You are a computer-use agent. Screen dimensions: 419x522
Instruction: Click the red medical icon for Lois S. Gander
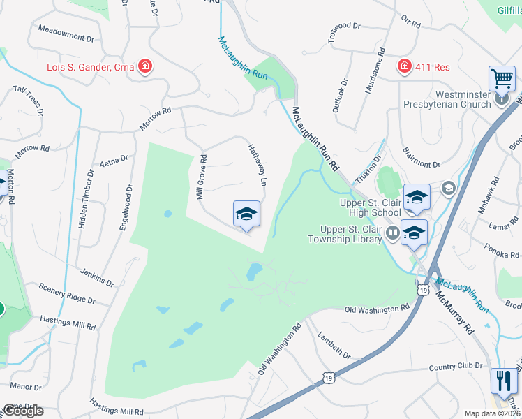click(x=146, y=66)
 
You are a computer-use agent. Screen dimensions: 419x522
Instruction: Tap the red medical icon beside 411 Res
click(x=403, y=66)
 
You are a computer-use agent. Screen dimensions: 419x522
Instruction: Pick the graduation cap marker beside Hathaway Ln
click(x=246, y=214)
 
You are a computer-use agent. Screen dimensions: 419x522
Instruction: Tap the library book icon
click(x=391, y=233)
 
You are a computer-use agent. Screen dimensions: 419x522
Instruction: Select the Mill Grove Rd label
click(x=201, y=178)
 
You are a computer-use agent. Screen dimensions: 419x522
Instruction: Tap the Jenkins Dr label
click(x=96, y=277)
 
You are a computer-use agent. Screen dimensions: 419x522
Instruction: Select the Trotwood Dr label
click(x=345, y=30)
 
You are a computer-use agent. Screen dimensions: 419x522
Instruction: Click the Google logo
click(x=23, y=411)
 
